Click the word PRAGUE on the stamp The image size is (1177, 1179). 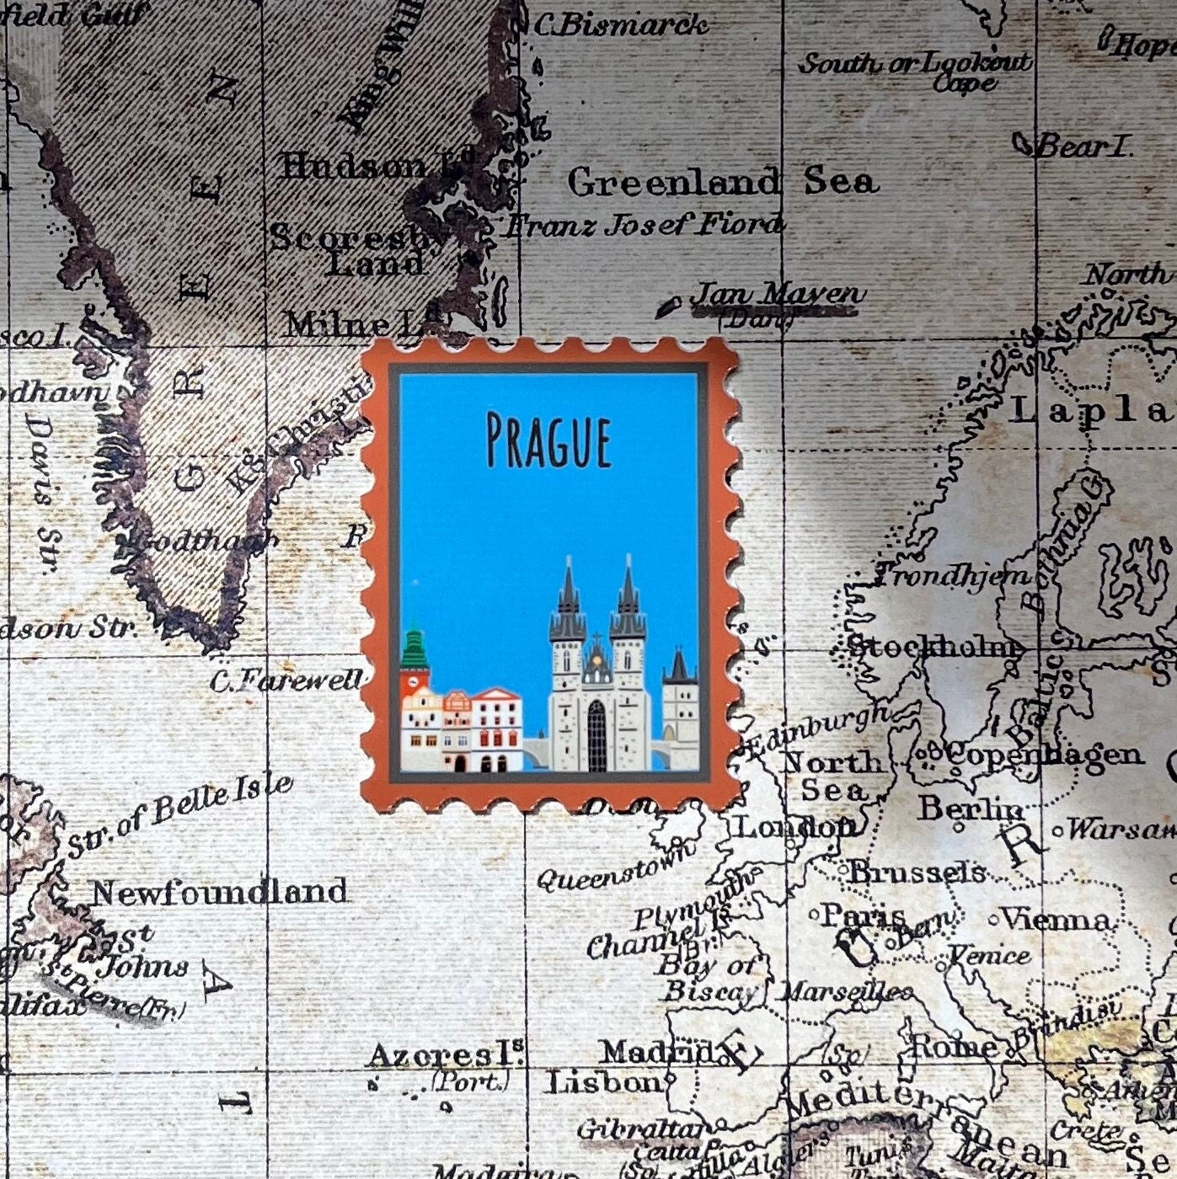pyautogui.click(x=548, y=440)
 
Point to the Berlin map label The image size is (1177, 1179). pyautogui.click(x=971, y=808)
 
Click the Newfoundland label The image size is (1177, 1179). pyautogui.click(x=220, y=892)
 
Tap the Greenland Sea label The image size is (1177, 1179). pyautogui.click(x=722, y=182)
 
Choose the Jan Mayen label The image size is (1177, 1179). pyautogui.click(x=777, y=294)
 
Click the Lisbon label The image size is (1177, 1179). pyautogui.click(x=605, y=1082)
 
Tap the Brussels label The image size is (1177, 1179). pyautogui.click(x=917, y=872)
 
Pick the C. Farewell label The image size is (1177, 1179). pyautogui.click(x=286, y=680)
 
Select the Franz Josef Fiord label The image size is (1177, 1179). pyautogui.click(x=644, y=225)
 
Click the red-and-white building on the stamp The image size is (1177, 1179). pyautogui.click(x=497, y=729)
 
